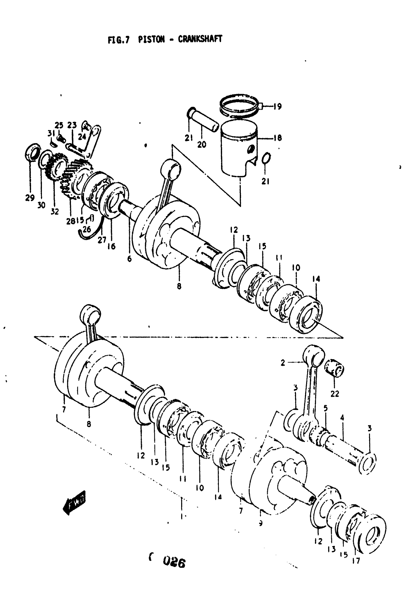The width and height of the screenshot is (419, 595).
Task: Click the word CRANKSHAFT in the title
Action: pos(200,39)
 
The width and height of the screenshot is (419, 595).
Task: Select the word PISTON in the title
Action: pos(151,39)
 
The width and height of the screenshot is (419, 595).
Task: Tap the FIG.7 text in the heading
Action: pos(118,40)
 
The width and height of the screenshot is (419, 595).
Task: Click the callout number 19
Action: pos(277,106)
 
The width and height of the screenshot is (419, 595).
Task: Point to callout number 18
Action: pos(278,138)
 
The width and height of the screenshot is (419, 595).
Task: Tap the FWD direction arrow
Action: pos(74,502)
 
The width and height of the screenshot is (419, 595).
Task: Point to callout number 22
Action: pos(335,394)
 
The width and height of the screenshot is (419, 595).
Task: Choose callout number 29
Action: pos(30,198)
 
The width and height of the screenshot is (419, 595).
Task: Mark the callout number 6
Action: pos(129,258)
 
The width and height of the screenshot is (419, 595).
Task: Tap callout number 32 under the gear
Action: pos(54,211)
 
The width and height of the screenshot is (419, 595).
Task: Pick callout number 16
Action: pos(111,246)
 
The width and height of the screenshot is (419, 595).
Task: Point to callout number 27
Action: pos(102,240)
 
